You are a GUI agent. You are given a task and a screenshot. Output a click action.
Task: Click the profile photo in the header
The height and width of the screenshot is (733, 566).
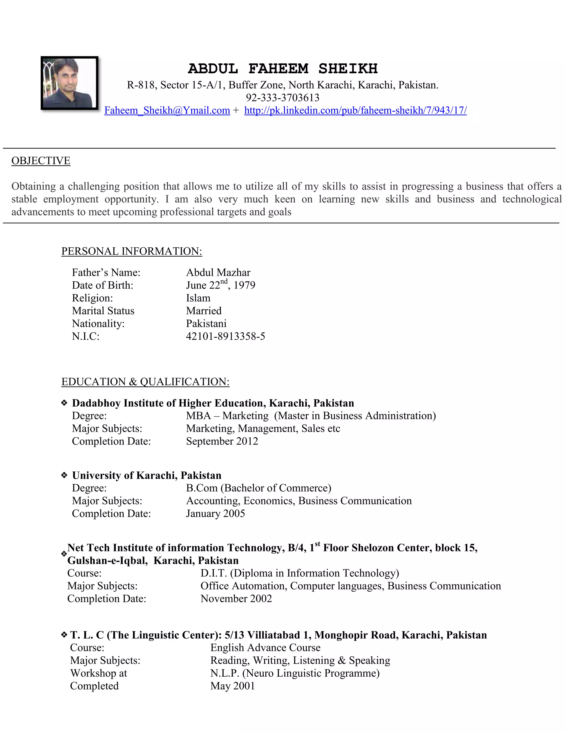[x=69, y=83]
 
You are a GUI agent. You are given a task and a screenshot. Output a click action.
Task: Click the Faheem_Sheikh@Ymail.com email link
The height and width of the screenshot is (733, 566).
[x=167, y=110]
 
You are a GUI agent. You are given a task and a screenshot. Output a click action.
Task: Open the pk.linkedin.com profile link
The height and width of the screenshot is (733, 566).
[x=355, y=110]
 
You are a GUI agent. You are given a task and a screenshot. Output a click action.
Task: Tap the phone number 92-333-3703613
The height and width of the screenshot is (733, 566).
[x=283, y=98]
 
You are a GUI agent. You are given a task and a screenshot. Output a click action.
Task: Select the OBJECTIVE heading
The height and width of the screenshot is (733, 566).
[x=41, y=161]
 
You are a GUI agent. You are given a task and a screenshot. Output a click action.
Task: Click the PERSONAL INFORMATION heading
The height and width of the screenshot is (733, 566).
[x=132, y=251]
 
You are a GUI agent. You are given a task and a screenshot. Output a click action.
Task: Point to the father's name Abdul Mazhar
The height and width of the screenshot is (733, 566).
[x=218, y=272]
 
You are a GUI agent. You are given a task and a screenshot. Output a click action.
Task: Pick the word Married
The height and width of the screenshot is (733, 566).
[x=204, y=311]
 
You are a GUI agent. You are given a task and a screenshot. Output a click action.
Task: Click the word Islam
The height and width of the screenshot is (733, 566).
[x=198, y=298]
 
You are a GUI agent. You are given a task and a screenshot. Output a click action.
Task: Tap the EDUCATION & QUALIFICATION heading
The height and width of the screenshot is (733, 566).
[x=146, y=382]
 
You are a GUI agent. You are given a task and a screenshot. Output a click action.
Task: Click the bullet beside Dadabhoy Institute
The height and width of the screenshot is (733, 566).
[x=64, y=403]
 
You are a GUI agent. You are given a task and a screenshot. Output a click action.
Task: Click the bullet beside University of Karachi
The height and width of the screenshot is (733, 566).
[x=64, y=475]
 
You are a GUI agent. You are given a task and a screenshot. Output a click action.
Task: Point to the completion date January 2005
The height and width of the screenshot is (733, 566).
[x=216, y=513]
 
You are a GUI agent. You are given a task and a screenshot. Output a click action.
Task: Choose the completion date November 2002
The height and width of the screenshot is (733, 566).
[x=236, y=599]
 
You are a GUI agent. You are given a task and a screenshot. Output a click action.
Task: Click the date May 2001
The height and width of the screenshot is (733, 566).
[x=233, y=686]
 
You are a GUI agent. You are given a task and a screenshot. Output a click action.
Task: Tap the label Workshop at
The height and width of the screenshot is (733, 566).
[x=99, y=673]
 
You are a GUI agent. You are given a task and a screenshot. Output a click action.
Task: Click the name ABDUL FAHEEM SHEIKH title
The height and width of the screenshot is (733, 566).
[x=283, y=69]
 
